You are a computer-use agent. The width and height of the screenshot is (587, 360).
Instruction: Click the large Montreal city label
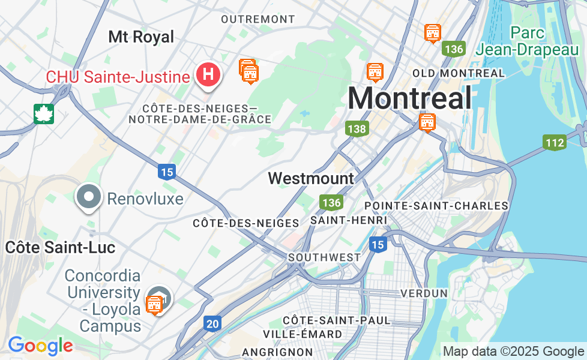pyautogui.click(x=409, y=98)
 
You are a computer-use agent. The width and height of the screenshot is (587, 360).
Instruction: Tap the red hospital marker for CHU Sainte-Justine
pyautogui.click(x=208, y=75)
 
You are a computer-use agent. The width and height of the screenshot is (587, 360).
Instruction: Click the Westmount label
pyautogui.click(x=311, y=178)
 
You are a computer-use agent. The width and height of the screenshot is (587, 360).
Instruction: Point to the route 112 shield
pyautogui.click(x=555, y=142)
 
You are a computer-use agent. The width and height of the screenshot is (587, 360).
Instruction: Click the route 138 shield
pyautogui.click(x=357, y=128)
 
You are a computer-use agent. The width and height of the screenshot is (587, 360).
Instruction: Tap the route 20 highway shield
pyautogui.click(x=212, y=323)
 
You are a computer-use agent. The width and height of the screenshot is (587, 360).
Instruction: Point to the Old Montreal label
pyautogui.click(x=459, y=73)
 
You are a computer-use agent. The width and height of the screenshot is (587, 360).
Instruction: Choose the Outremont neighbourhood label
pyautogui.click(x=258, y=19)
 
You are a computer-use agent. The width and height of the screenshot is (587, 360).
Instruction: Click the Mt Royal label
pyautogui.click(x=141, y=37)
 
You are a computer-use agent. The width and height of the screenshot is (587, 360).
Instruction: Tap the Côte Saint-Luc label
pyautogui.click(x=60, y=247)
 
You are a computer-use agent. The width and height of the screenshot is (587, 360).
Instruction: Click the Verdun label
pyautogui.click(x=424, y=293)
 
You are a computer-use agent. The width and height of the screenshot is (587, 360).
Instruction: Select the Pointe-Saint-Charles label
pyautogui.click(x=436, y=206)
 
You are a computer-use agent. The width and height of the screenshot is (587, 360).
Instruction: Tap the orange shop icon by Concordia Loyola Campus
pyautogui.click(x=154, y=305)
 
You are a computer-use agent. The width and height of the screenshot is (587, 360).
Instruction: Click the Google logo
pyautogui.click(x=40, y=346)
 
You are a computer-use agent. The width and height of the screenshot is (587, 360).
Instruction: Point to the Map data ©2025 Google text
pyautogui.click(x=513, y=352)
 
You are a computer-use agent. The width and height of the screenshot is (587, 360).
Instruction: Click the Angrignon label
pyautogui.click(x=277, y=352)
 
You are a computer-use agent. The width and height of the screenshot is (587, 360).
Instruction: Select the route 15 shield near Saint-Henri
pyautogui.click(x=378, y=244)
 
